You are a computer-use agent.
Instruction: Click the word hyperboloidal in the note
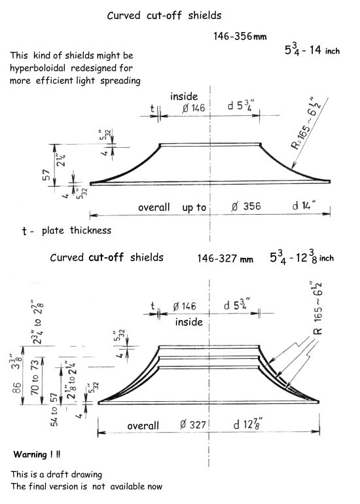point(37,69)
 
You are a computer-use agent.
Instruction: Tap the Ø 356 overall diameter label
point(245,206)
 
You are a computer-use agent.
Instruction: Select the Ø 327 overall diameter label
point(192,425)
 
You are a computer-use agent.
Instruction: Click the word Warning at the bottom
point(30,454)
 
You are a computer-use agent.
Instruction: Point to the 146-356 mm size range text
point(240,36)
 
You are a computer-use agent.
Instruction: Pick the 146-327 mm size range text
point(225,259)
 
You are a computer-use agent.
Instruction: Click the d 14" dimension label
point(304,205)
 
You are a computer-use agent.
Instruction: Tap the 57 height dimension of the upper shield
point(46,175)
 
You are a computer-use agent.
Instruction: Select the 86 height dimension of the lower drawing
point(17,387)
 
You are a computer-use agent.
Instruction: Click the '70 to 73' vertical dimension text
point(35,377)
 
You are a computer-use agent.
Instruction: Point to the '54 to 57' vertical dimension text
point(54,409)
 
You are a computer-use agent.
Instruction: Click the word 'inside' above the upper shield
point(184,96)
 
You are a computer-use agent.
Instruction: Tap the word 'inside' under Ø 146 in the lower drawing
point(189,322)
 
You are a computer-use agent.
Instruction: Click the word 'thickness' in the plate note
point(90,230)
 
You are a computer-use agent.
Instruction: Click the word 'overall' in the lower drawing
point(143,426)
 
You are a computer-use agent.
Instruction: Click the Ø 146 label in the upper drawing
point(194,108)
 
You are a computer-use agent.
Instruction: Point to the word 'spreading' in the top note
point(120,81)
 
